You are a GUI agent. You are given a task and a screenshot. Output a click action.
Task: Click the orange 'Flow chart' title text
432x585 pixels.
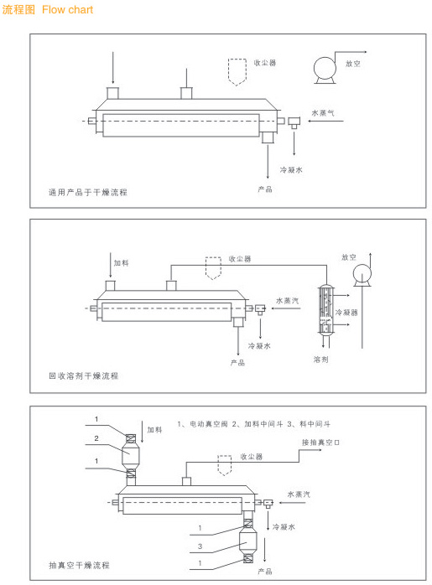tap(68, 10)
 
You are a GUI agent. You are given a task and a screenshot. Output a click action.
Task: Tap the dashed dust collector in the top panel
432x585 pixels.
tap(237, 72)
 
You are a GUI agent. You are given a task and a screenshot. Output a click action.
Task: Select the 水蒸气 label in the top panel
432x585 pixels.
tap(323, 112)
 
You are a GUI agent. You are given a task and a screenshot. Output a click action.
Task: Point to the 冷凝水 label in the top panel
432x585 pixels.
tap(291, 170)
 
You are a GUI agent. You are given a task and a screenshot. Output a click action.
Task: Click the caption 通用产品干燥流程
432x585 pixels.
tap(88, 193)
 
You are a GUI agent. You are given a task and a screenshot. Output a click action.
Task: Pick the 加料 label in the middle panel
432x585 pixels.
tap(122, 263)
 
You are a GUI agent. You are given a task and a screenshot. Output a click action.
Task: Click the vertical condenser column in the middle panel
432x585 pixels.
tap(325, 309)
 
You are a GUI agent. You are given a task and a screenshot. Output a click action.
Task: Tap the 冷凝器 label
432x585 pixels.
tap(346, 312)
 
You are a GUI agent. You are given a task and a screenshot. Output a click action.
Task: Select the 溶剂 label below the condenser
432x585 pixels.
tap(320, 360)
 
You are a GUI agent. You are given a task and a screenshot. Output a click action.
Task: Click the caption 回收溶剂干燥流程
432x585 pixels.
tap(84, 375)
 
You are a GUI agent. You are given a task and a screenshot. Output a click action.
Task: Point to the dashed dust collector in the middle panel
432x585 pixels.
tap(213, 268)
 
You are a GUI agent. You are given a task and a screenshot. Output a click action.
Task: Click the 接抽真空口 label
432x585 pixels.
tap(320, 443)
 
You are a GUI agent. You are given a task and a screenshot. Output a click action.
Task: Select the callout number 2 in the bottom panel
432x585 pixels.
tap(96, 438)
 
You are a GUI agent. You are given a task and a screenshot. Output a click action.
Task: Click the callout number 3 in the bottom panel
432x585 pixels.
tap(200, 546)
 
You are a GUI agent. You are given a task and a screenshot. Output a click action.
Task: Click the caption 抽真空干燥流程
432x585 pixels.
tap(79, 565)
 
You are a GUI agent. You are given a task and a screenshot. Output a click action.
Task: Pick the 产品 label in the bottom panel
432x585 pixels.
tap(265, 572)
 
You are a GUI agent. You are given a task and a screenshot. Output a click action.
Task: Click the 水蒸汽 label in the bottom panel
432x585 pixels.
tap(299, 494)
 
